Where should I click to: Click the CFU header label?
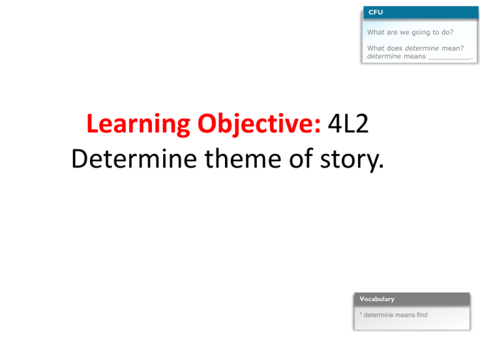click(x=375, y=12)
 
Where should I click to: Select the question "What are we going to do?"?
click(x=410, y=32)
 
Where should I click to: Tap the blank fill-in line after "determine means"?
click(x=449, y=56)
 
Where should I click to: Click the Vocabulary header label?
click(x=377, y=299)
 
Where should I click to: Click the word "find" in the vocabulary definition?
click(x=421, y=315)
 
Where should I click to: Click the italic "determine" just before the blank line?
click(x=384, y=56)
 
